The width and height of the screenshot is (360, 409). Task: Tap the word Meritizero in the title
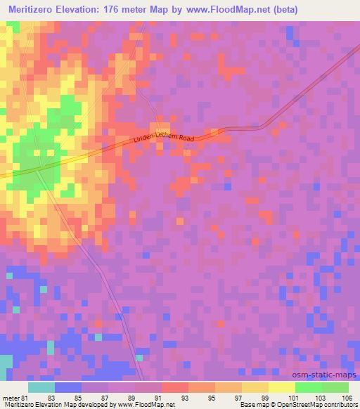point(37,10)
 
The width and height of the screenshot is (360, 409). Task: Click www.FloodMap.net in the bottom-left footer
point(136,404)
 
